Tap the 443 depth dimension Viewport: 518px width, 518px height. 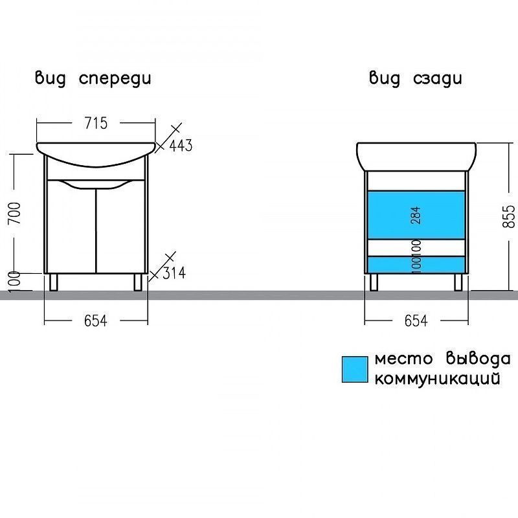pyautogui.click(x=181, y=146)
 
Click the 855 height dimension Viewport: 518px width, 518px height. pyautogui.click(x=509, y=216)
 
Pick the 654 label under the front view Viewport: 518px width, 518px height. pyautogui.click(x=95, y=321)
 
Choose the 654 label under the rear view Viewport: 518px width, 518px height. pyautogui.click(x=416, y=321)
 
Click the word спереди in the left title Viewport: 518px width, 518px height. pyautogui.click(x=115, y=79)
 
